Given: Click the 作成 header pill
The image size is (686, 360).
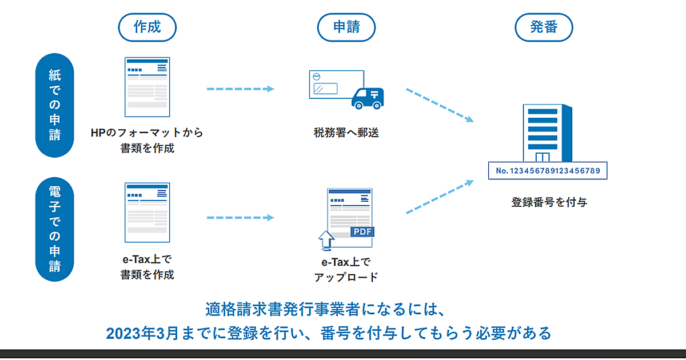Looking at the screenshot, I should coord(147,27).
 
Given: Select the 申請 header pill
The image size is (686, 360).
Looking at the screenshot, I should coord(346,27).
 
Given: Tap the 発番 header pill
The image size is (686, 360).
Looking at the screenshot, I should coord(544,27).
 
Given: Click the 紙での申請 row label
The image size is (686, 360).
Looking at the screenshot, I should coord(54,105).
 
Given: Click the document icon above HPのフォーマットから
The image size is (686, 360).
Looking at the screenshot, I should coord(147,87).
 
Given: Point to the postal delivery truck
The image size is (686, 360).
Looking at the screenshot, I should coord(368,98).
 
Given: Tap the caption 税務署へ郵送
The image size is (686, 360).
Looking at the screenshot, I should coord(346,133).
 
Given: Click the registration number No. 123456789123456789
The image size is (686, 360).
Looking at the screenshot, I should coord(547,170).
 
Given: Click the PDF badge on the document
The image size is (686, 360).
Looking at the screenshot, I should coord(362,232).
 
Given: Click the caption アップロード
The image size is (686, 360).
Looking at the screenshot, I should coord(346,277).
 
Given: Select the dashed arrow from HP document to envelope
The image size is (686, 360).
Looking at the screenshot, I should coord(240,89).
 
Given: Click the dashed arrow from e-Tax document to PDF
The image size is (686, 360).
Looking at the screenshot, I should coord(240,218).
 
